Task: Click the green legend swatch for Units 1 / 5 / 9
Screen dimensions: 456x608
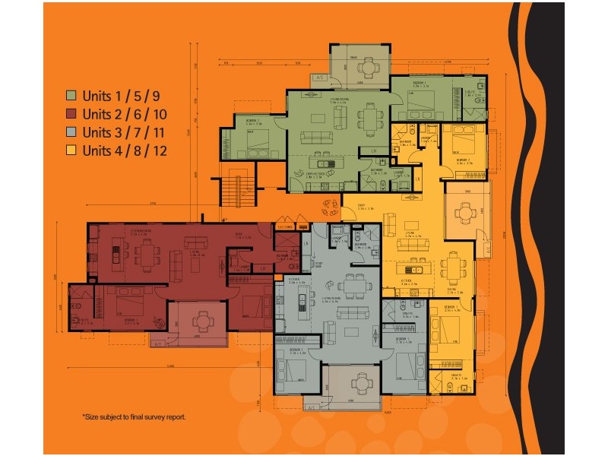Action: (x=71, y=97)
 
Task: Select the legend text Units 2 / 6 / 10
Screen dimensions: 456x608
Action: (x=125, y=115)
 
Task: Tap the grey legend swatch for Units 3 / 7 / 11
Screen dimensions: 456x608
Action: (x=71, y=132)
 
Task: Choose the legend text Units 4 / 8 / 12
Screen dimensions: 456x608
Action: (x=125, y=150)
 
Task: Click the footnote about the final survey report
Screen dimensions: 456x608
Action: (x=134, y=416)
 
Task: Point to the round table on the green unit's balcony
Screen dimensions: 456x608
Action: (x=367, y=68)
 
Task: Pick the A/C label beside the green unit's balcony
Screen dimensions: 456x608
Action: (x=319, y=78)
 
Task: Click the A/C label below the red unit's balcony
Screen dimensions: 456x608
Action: (x=158, y=344)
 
